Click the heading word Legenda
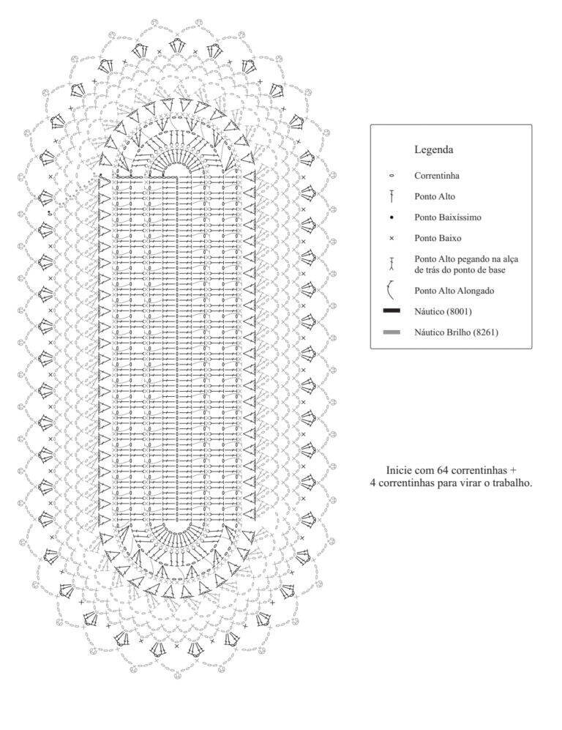434,150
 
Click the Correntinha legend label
437,176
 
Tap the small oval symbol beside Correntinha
391,176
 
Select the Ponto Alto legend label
435,196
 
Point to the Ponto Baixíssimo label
448,217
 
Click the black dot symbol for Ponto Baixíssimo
391,217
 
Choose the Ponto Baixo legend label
438,238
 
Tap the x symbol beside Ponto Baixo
391,239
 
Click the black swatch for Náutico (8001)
391,311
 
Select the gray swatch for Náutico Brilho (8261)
391,332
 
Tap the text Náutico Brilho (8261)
456,332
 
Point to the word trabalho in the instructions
513,483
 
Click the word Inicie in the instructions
397,469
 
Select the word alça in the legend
509,259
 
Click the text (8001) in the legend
459,311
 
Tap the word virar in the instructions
472,483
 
